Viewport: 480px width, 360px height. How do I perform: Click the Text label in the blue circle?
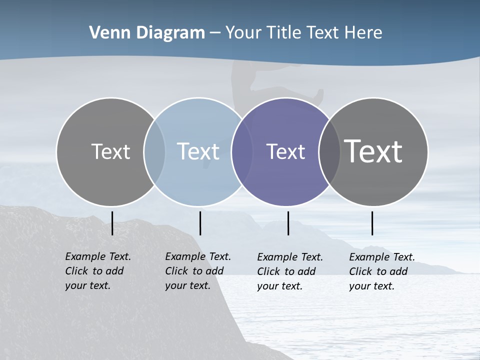coord(198,151)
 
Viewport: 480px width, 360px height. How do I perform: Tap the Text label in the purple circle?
coord(285,151)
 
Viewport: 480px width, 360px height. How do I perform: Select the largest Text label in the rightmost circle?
coord(373,151)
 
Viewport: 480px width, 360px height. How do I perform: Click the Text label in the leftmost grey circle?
coord(110,151)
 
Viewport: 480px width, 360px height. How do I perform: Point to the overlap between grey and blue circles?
coord(154,152)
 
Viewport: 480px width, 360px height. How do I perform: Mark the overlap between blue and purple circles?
coord(241,152)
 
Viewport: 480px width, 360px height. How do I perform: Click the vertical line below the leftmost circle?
coord(112,223)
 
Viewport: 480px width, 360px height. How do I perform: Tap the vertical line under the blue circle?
coord(200,223)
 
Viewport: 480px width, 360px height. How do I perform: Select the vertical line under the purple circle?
coord(288,223)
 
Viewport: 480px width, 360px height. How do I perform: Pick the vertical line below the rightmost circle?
coord(372,223)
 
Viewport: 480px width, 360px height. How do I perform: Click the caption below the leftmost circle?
coord(97,271)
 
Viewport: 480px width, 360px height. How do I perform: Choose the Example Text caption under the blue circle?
coord(197,271)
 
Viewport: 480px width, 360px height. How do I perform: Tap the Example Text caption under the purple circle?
coord(289,271)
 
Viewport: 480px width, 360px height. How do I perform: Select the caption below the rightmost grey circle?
coord(381,271)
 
